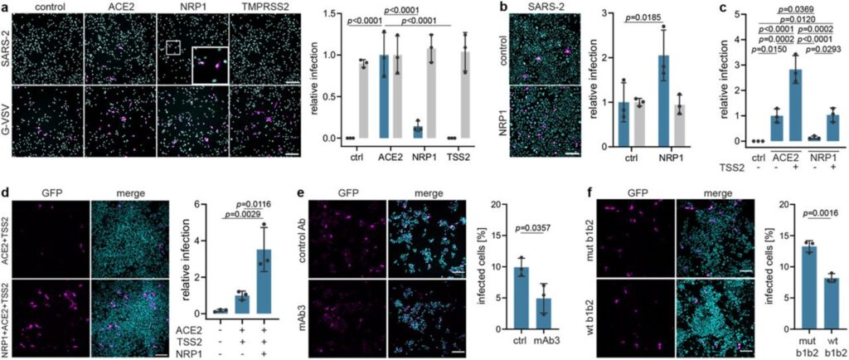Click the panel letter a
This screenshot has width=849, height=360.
pyautogui.click(x=5, y=7)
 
